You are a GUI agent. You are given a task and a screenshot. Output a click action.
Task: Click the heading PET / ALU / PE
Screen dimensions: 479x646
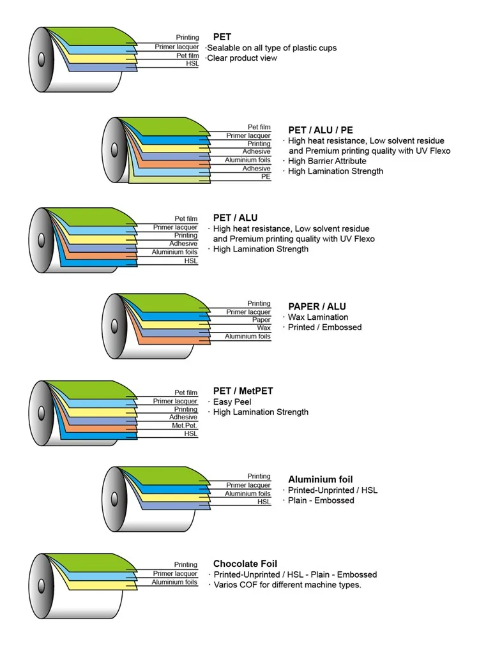(x=321, y=130)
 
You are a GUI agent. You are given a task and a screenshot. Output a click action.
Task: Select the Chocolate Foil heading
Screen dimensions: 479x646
(x=245, y=564)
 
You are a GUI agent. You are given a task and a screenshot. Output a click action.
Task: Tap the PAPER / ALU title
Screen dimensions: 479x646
(x=317, y=306)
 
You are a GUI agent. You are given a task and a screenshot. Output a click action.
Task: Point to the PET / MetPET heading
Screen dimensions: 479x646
(x=243, y=391)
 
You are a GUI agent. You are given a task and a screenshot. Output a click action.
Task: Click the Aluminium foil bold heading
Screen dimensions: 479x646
(x=321, y=479)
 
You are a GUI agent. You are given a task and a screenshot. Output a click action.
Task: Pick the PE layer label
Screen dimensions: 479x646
(x=266, y=177)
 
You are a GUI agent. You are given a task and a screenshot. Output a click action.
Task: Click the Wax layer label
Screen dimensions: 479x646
(x=264, y=328)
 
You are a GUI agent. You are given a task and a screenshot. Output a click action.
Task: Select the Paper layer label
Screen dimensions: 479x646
(x=261, y=320)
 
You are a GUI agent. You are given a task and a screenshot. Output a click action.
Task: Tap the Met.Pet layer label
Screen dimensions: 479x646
(x=185, y=425)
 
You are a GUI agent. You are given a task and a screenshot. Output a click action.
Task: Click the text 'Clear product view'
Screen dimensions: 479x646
(x=242, y=58)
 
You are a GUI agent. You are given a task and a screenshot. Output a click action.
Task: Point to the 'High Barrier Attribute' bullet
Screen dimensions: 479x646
(x=327, y=161)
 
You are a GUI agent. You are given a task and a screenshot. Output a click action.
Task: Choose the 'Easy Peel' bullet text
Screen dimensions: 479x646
(x=232, y=402)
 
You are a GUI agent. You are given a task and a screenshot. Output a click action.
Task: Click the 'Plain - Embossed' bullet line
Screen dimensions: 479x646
(x=321, y=500)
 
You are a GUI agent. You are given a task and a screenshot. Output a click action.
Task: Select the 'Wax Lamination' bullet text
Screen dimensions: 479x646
(x=318, y=317)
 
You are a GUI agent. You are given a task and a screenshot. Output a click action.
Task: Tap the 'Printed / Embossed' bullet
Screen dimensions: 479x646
(x=325, y=327)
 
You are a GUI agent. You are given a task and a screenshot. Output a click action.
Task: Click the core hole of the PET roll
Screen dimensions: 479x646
(x=42, y=59)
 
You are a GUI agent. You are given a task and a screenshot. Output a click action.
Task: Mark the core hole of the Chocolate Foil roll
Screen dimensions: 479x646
(x=42, y=586)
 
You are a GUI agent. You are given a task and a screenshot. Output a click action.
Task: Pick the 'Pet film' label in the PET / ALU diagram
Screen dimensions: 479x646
(x=186, y=219)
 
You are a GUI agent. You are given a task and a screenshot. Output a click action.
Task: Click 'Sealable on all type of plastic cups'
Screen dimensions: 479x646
(x=271, y=48)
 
